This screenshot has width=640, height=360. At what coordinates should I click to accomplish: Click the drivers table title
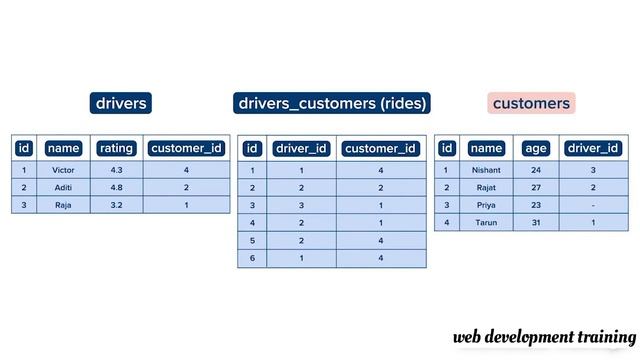pyautogui.click(x=121, y=103)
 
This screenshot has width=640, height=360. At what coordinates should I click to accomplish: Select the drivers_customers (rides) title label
pyautogui.click(x=332, y=103)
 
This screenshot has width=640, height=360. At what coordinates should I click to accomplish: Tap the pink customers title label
pyautogui.click(x=531, y=103)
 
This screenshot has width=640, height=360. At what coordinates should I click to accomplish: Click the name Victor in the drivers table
pyautogui.click(x=63, y=170)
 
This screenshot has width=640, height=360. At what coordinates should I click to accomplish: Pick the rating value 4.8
pyautogui.click(x=116, y=187)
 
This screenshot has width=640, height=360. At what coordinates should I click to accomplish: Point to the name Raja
pyautogui.click(x=63, y=205)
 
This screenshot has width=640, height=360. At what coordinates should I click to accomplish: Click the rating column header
pyautogui.click(x=116, y=148)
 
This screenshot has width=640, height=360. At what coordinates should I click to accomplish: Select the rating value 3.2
pyautogui.click(x=116, y=205)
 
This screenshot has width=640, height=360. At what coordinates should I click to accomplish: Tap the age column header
pyautogui.click(x=536, y=148)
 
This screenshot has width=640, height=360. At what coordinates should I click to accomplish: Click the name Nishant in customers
pyautogui.click(x=486, y=170)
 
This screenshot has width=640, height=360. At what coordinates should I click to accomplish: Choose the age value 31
pyautogui.click(x=536, y=222)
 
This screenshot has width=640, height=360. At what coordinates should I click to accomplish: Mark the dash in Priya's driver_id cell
pyautogui.click(x=593, y=205)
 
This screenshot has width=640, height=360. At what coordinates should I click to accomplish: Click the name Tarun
pyautogui.click(x=486, y=222)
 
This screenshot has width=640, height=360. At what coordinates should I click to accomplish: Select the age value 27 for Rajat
pyautogui.click(x=536, y=187)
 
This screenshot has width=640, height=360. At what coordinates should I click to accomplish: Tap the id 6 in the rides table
pyautogui.click(x=252, y=258)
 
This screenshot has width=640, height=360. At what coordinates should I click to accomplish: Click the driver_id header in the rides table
pyautogui.click(x=301, y=149)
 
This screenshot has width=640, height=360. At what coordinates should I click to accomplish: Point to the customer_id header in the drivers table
pyautogui.click(x=186, y=148)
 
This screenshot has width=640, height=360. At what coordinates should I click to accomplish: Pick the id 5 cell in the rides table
pyautogui.click(x=252, y=240)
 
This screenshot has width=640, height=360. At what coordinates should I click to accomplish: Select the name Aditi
pyautogui.click(x=63, y=187)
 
